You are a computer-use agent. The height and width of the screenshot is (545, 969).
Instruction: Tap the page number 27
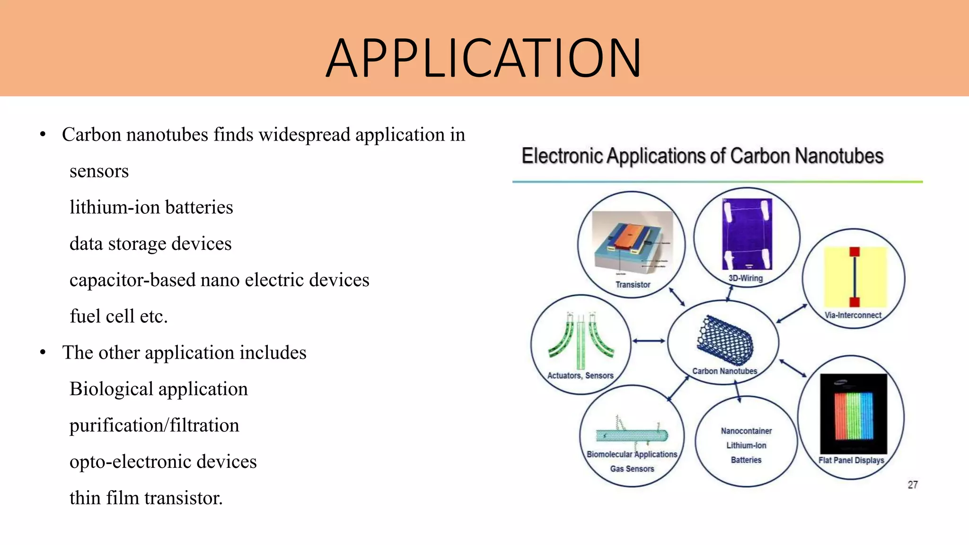[912, 485]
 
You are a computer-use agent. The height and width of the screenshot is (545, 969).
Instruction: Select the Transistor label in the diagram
[633, 284]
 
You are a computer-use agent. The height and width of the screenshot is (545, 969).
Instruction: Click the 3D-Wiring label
[745, 278]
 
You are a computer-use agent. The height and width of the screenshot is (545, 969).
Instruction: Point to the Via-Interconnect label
[853, 315]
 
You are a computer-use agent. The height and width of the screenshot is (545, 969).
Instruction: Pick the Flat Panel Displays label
[851, 460]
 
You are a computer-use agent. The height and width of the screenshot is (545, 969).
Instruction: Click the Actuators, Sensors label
[580, 376]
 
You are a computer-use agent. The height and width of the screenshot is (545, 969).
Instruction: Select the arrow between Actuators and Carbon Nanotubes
[649, 341]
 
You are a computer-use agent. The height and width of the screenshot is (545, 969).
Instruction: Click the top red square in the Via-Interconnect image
[854, 252]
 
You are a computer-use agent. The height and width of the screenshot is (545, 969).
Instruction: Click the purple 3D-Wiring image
[747, 234]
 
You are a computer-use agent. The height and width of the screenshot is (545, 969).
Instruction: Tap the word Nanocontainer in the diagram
[746, 431]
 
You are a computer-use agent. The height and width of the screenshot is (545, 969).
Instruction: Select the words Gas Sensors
[632, 469]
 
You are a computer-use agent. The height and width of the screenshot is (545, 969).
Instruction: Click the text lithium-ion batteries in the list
[151, 207]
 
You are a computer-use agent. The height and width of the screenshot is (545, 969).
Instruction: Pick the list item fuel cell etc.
[119, 316]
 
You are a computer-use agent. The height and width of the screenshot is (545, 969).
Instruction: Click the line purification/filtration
[154, 425]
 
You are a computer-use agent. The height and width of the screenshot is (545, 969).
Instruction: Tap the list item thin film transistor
[146, 498]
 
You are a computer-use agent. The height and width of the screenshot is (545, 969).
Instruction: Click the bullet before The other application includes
[43, 352]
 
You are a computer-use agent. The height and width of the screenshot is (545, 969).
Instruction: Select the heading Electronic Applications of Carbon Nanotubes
[703, 156]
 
